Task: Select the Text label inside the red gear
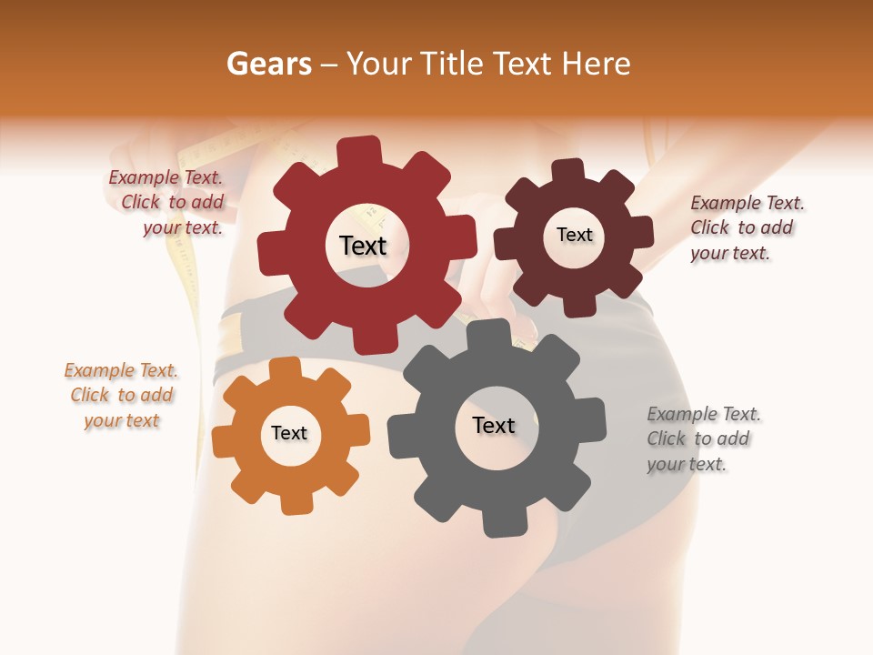pos(363,246)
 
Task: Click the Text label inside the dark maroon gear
pos(574,235)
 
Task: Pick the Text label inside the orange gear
pos(288,433)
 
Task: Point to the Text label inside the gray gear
pos(493,425)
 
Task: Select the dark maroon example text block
pos(747,227)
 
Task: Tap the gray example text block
pos(703,438)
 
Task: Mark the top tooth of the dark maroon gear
pos(568,171)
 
